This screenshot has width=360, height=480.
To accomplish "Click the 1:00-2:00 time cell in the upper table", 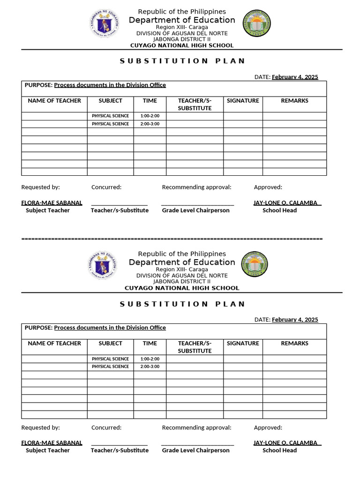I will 150,116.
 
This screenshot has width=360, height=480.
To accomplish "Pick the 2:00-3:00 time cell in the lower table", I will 150,367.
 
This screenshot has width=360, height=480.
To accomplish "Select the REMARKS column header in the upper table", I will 294,101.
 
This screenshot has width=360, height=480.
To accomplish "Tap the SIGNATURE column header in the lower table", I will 243,344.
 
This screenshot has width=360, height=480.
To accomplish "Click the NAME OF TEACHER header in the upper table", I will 54,101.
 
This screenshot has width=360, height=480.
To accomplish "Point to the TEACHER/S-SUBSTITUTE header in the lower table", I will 195,347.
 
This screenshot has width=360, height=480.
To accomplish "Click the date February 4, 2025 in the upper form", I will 295,77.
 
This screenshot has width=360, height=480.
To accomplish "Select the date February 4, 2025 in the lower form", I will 295,320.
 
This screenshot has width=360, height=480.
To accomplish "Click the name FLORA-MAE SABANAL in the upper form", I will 52,203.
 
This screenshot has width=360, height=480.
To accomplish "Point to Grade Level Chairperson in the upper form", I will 195,210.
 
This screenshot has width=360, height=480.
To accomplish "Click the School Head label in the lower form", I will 279,450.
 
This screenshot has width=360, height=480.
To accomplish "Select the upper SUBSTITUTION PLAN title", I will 182,61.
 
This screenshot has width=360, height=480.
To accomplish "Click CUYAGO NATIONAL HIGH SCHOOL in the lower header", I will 182,288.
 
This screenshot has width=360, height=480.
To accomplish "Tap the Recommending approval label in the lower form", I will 196,427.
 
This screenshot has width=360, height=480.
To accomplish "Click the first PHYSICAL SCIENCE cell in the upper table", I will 110,116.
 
